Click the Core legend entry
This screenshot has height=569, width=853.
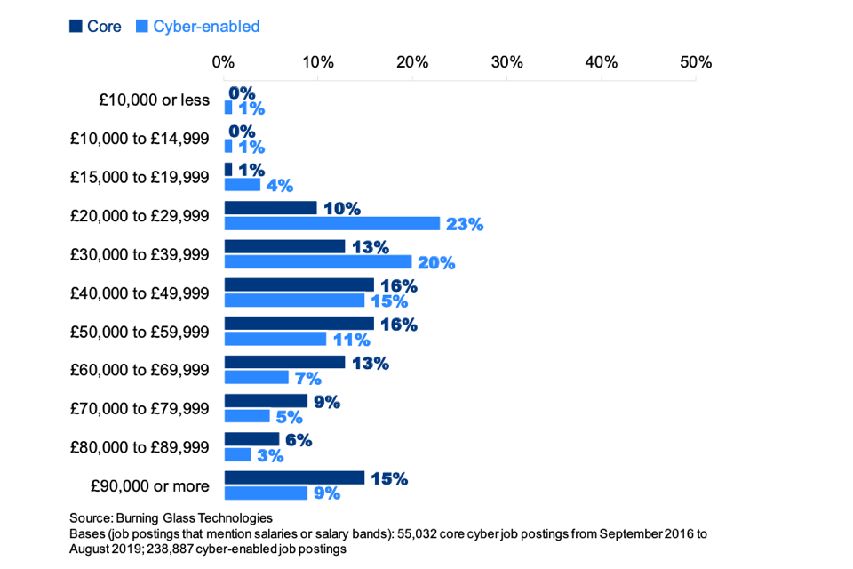95,27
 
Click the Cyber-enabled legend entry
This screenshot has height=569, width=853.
197,27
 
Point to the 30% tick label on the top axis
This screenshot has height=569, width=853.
506,62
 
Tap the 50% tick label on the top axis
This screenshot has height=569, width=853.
696,62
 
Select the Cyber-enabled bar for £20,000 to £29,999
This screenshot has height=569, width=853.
332,223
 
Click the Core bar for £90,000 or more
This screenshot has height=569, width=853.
294,478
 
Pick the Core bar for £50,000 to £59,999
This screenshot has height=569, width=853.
299,324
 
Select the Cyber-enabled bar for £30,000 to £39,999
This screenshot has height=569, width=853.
318,261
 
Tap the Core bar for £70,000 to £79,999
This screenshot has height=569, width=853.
266,401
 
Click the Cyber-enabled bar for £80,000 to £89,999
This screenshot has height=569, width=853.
237,454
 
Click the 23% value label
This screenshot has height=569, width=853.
465,224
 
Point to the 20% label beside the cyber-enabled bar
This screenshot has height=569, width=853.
436,262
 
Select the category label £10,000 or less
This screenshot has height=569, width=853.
154,100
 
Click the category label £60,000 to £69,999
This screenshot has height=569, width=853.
140,370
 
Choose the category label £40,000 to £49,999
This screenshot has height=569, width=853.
140,293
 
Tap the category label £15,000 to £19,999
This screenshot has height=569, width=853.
140,177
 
